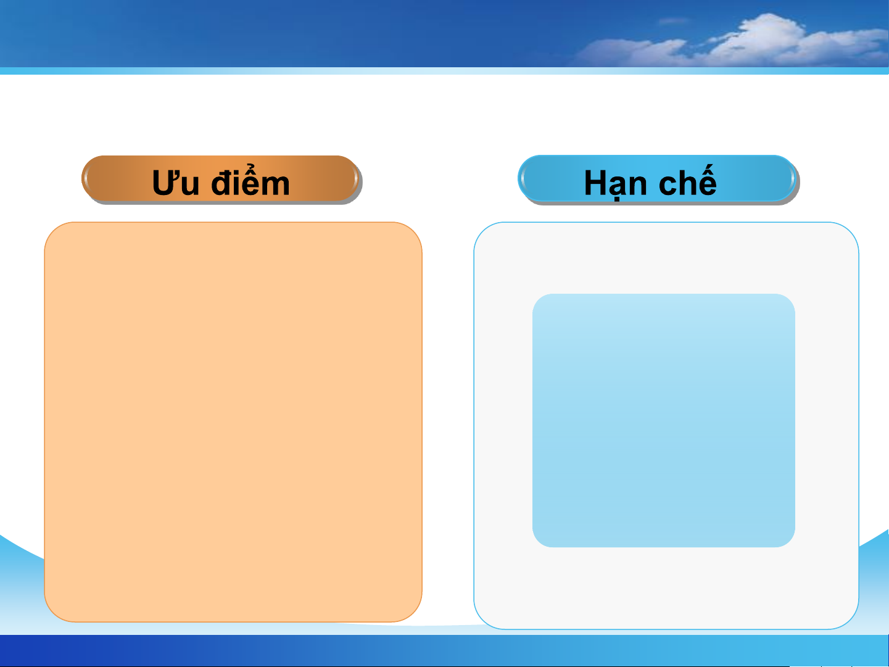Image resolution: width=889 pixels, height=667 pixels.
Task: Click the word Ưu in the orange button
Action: (175, 183)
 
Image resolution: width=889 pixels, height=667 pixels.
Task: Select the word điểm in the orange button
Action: (250, 181)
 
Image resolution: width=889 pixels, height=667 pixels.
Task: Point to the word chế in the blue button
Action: (688, 180)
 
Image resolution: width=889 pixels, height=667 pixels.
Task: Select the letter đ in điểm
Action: (222, 182)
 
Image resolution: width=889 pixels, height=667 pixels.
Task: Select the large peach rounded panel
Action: (233, 421)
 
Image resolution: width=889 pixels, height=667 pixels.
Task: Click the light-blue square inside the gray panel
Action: (663, 420)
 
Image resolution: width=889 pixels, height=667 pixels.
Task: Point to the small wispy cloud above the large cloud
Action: (674, 20)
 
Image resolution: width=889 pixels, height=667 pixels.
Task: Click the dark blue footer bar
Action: (444, 650)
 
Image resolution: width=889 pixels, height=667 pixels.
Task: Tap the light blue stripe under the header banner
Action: (444, 71)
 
